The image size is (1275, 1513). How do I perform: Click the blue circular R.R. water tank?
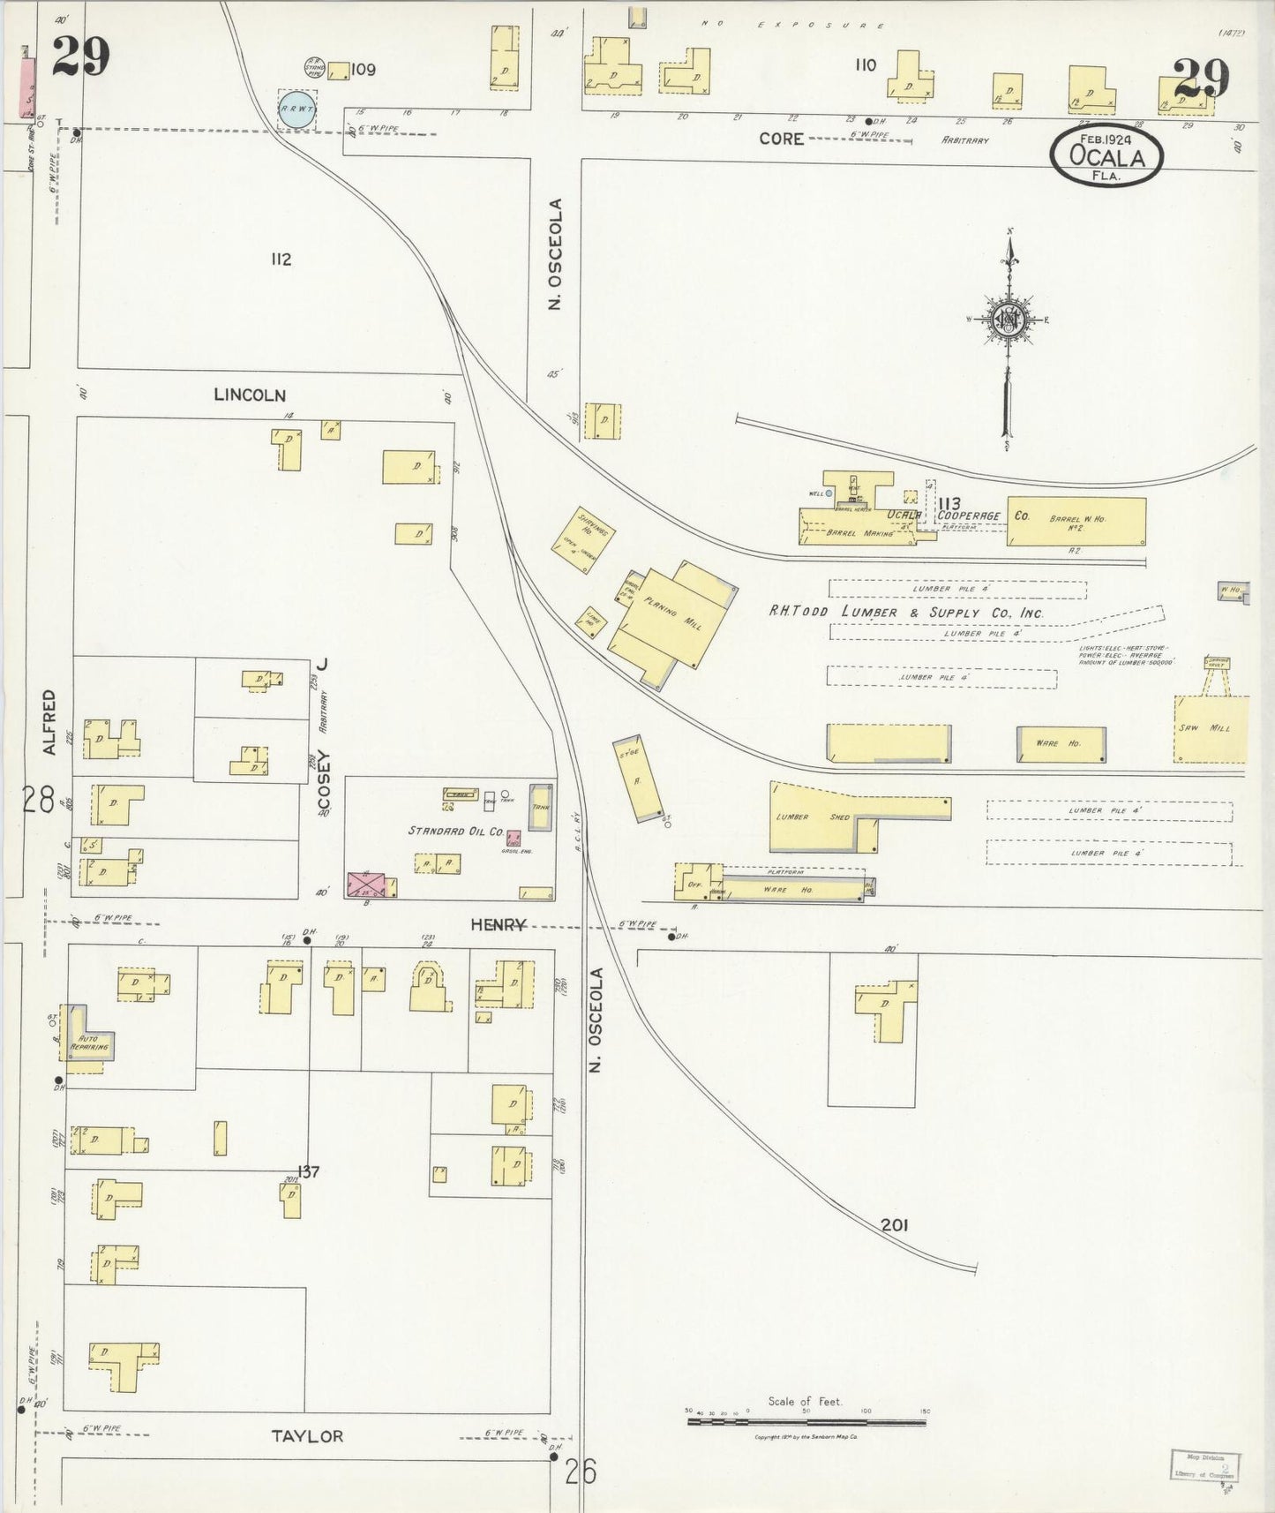coord(296,109)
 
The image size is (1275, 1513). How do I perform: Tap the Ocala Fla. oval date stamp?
coord(1106,155)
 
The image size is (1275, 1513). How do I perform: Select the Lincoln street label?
coord(250,395)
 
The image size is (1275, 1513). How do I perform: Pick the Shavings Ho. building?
coord(583,539)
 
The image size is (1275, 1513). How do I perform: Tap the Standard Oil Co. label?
coord(455,831)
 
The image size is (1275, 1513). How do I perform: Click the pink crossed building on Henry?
coord(366,884)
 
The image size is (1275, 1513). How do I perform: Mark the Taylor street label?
coord(307,1436)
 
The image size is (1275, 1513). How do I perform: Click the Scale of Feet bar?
coord(806,1422)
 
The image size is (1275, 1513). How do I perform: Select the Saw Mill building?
coord(1211,729)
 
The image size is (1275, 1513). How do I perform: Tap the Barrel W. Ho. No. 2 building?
coord(1076,522)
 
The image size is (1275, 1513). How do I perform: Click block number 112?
coord(281,260)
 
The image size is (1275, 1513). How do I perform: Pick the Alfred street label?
coord(49,722)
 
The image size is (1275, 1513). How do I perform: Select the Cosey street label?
coord(323,782)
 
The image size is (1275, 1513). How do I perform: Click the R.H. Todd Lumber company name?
coord(905,612)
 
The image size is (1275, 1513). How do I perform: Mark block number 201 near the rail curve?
coord(894,1224)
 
